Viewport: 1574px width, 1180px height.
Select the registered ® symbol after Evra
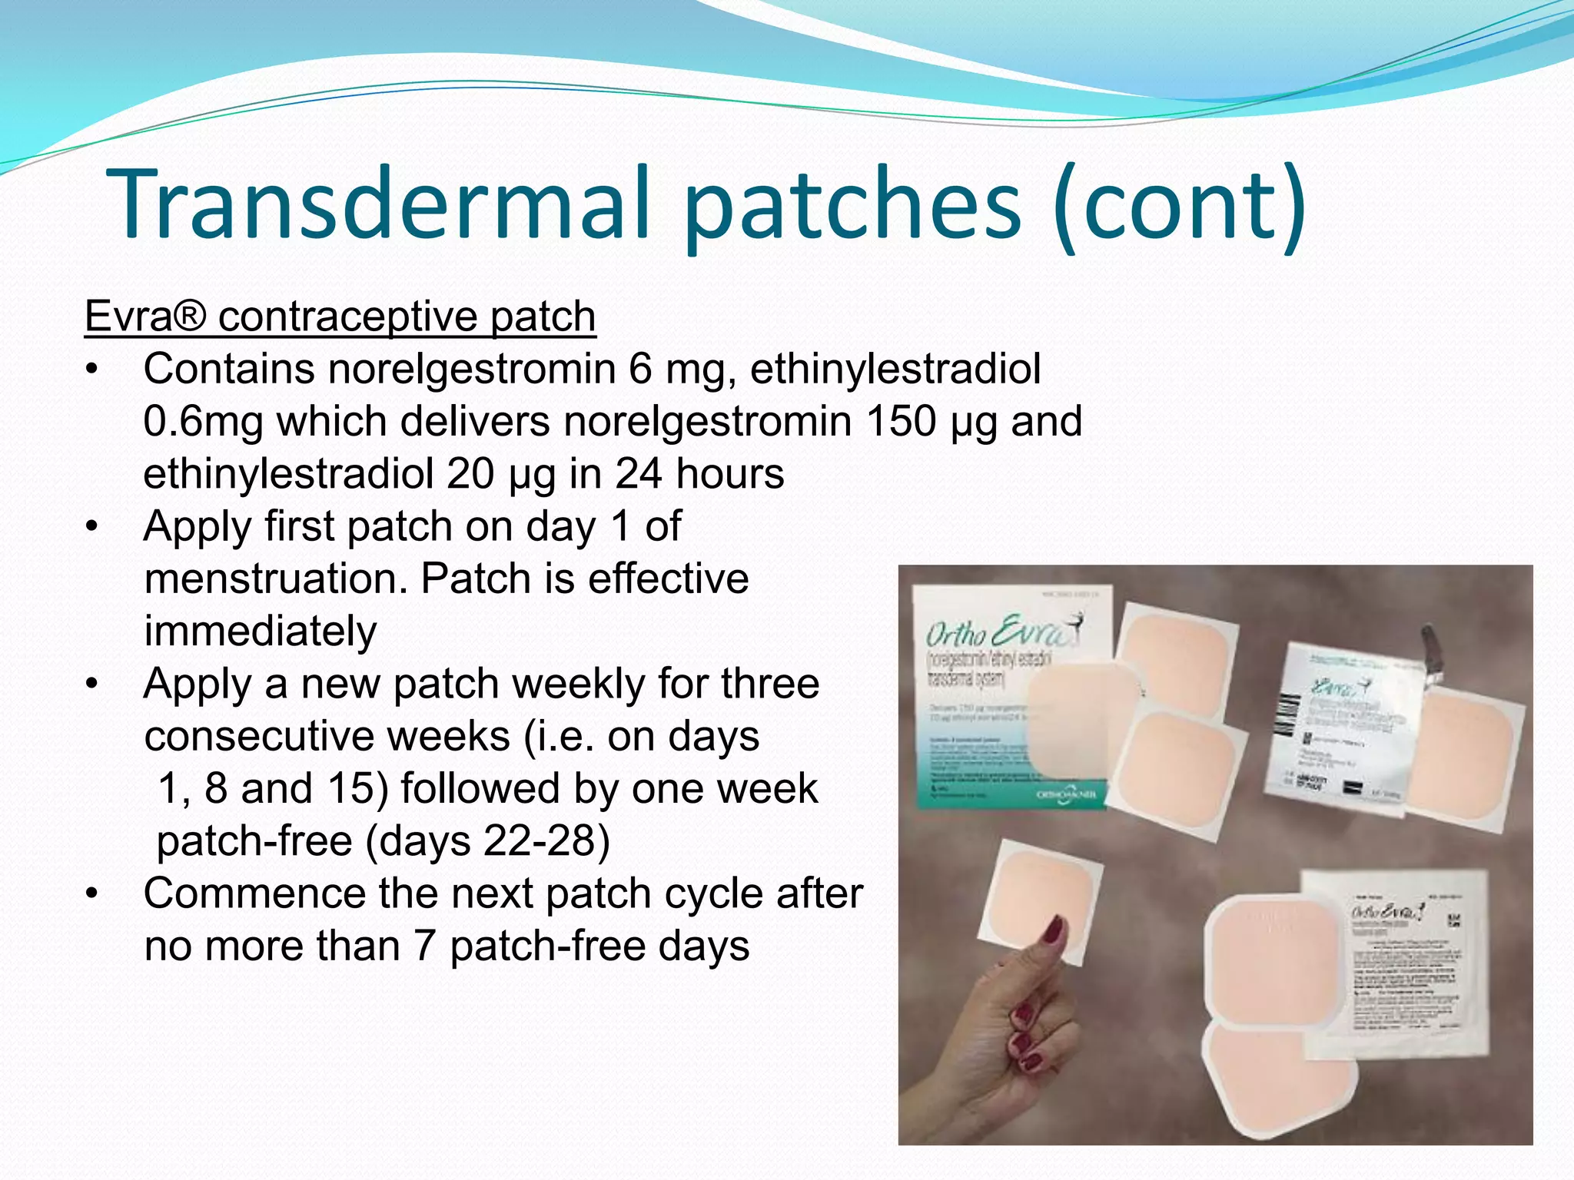pos(191,317)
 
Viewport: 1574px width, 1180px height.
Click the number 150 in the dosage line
pos(901,421)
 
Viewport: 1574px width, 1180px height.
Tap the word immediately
pos(261,631)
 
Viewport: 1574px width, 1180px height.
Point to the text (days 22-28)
pos(487,840)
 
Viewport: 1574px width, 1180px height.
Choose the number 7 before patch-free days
pos(425,946)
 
